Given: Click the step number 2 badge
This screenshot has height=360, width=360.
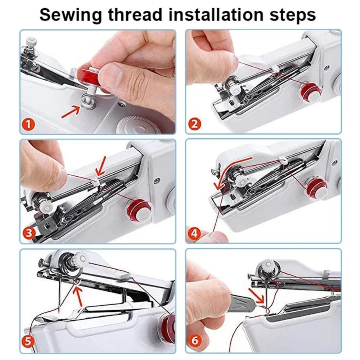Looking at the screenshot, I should click(x=194, y=125).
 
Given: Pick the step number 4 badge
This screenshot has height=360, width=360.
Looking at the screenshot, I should click(x=194, y=234).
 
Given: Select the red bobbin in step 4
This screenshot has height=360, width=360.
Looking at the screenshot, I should click(x=316, y=188).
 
